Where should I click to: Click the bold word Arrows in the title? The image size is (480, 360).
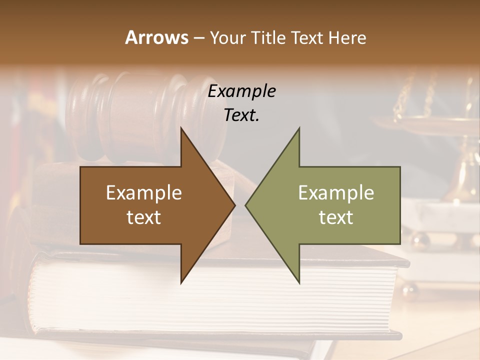(x=157, y=37)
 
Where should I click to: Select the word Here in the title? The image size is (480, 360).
(x=347, y=37)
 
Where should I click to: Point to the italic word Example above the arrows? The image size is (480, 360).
(x=241, y=91)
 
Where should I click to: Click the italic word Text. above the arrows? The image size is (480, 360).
(x=241, y=115)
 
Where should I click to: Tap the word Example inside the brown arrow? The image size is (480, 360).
(x=143, y=193)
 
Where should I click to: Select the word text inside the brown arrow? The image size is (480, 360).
(x=143, y=217)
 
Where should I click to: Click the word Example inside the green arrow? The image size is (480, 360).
(x=336, y=193)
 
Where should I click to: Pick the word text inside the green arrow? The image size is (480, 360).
(x=336, y=217)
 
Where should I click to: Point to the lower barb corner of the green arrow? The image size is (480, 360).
(x=299, y=282)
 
